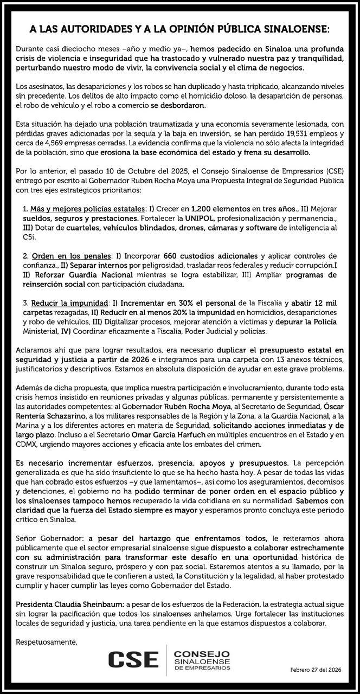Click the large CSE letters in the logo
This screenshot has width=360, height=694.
coord(133,659)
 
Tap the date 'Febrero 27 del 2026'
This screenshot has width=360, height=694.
coord(316,669)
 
